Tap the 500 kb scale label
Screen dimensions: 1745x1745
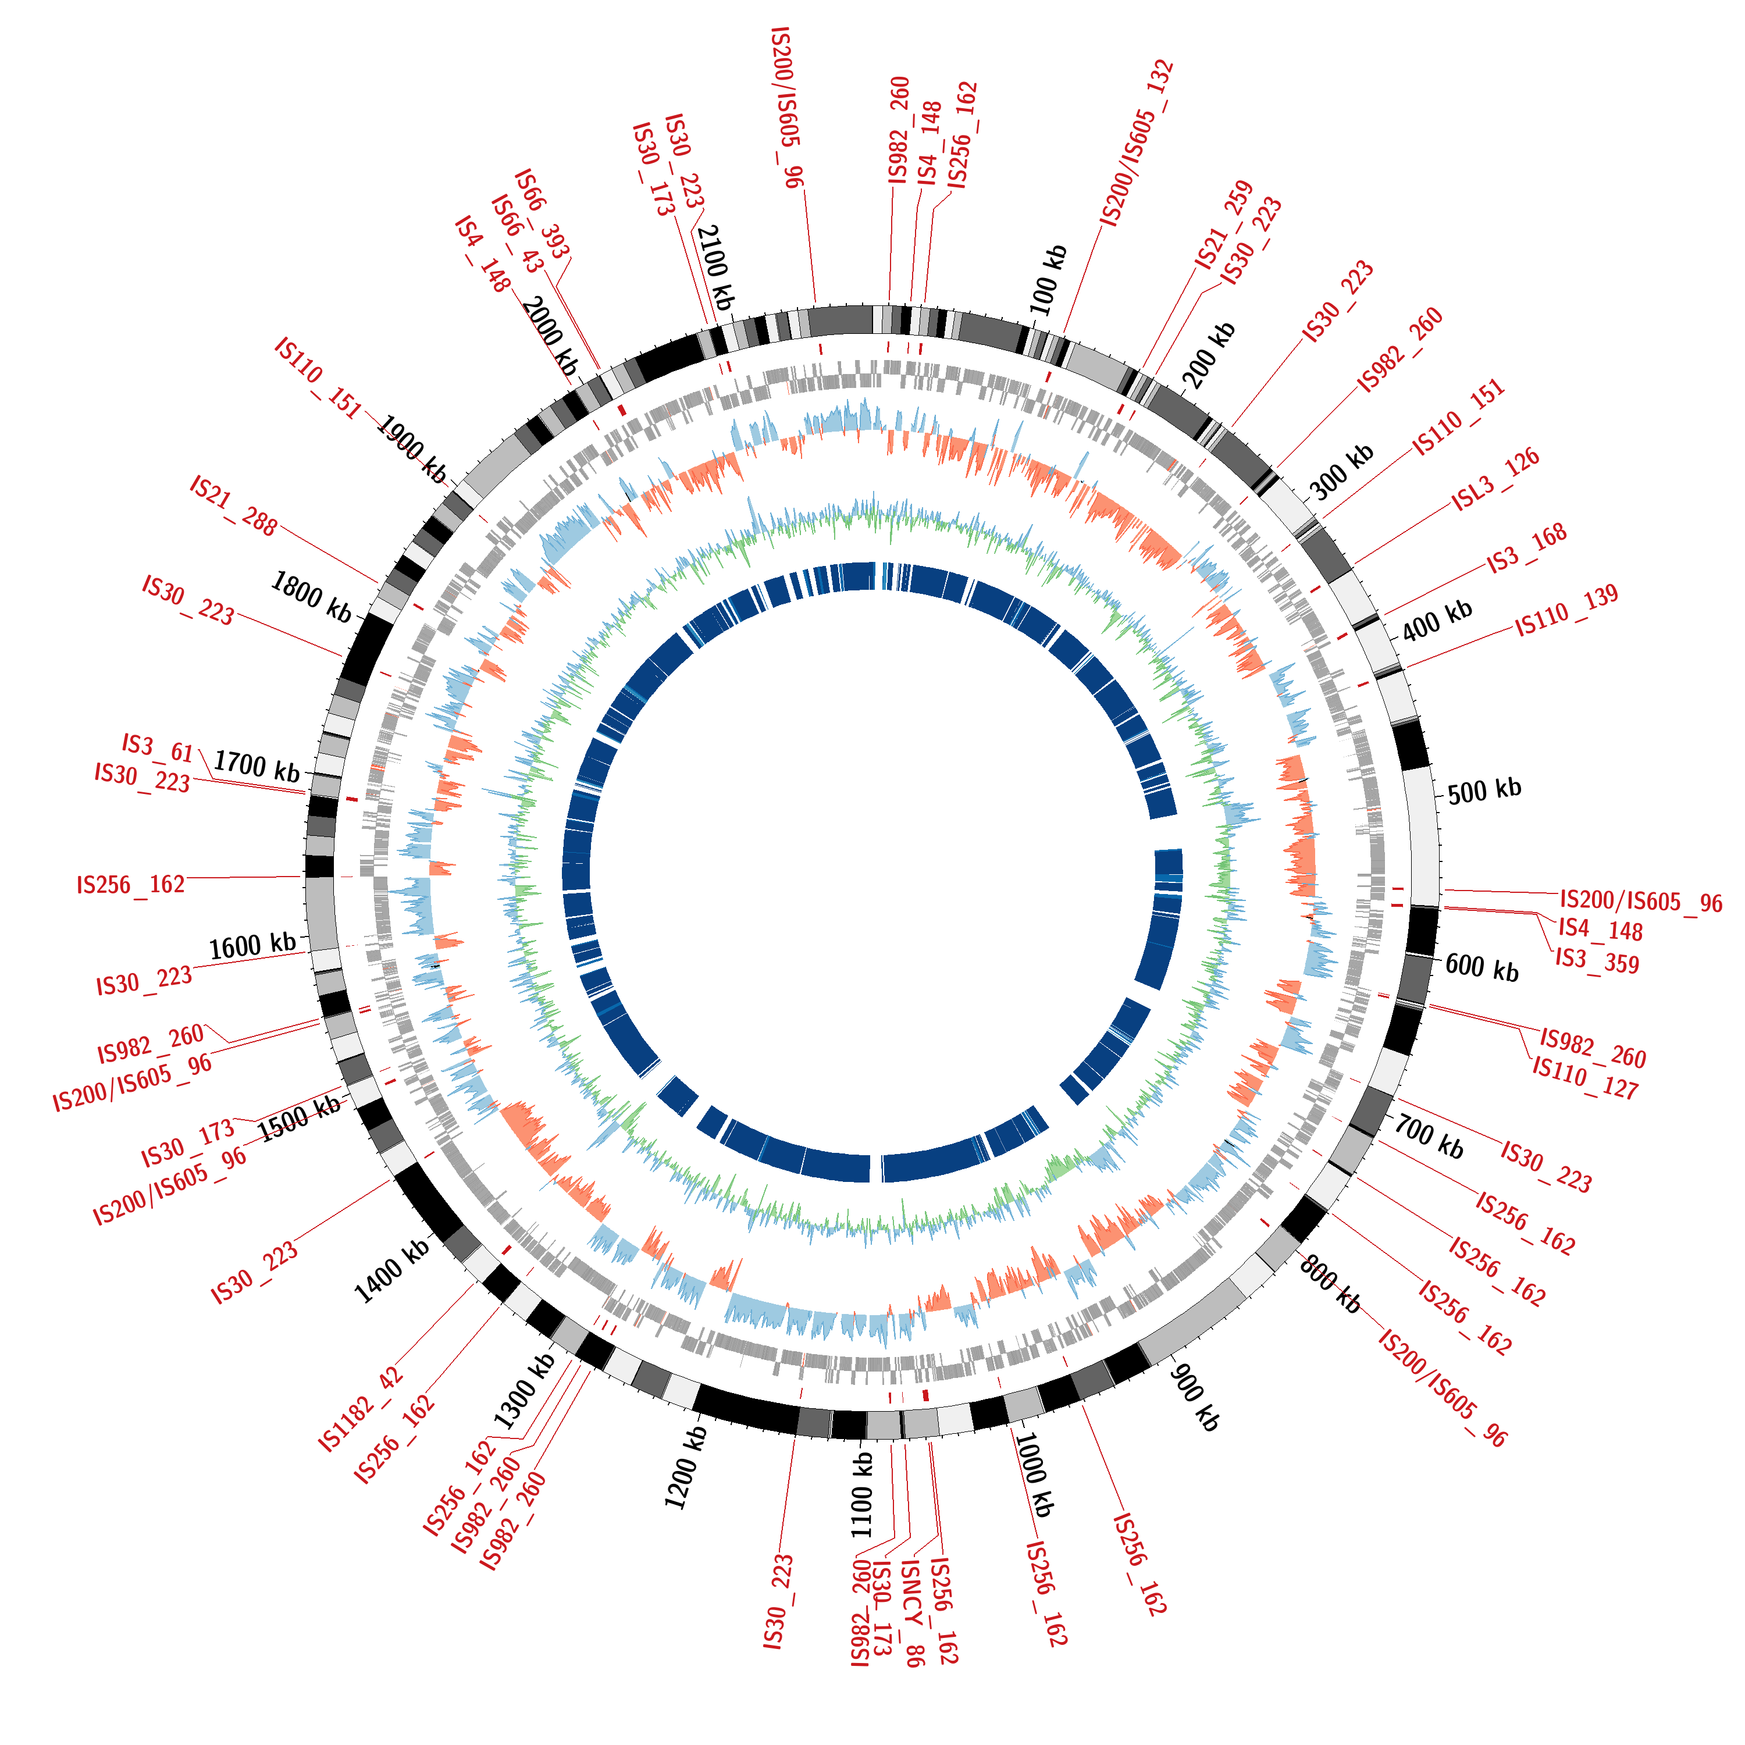[1484, 790]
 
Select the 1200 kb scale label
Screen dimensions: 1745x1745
[686, 1468]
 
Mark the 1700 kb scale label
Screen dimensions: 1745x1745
[257, 766]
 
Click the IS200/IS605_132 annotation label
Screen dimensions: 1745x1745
[1136, 143]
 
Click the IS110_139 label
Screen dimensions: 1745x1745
[1566, 611]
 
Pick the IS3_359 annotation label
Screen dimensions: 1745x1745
[1597, 961]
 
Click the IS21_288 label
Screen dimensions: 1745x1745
[233, 506]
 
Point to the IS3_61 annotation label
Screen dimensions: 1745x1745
[158, 748]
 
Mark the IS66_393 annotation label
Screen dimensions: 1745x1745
[542, 213]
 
